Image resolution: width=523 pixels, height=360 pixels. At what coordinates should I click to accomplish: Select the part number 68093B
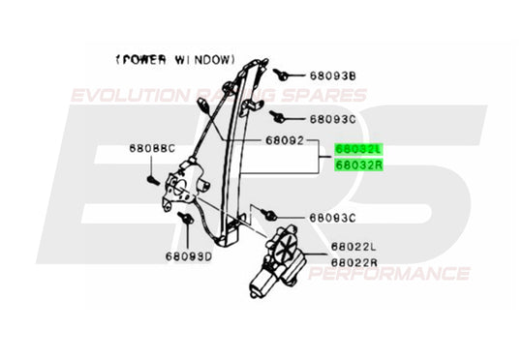[x=333, y=75]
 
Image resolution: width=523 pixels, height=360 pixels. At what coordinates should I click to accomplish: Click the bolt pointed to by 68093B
[x=278, y=73]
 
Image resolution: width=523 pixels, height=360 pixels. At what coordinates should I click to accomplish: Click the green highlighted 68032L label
[x=359, y=150]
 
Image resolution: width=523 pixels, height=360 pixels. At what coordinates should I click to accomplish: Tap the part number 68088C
[x=152, y=149]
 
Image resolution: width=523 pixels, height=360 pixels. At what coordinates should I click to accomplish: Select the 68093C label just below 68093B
[x=333, y=121]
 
